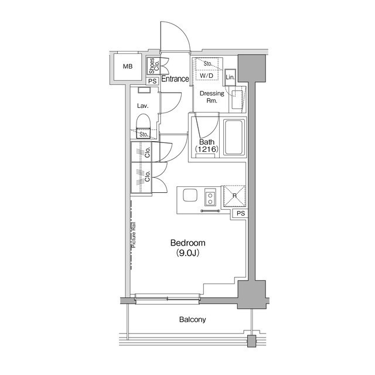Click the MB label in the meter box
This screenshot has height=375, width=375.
pos(128,67)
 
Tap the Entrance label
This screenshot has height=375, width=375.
pos(175,79)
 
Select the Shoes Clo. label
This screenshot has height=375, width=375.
pos(152,65)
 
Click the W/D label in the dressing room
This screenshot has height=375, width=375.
pos(206,76)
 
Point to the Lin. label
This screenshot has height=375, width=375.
pos(230,77)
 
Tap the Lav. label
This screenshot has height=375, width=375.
pos(142,106)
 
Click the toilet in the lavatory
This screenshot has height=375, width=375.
pos(143,124)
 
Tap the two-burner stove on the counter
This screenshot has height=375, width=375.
pos(209,199)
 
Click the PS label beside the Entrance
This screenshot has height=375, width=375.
pos(152,81)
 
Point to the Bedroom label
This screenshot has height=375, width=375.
pos(188,243)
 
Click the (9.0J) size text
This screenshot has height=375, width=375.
pos(188,254)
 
